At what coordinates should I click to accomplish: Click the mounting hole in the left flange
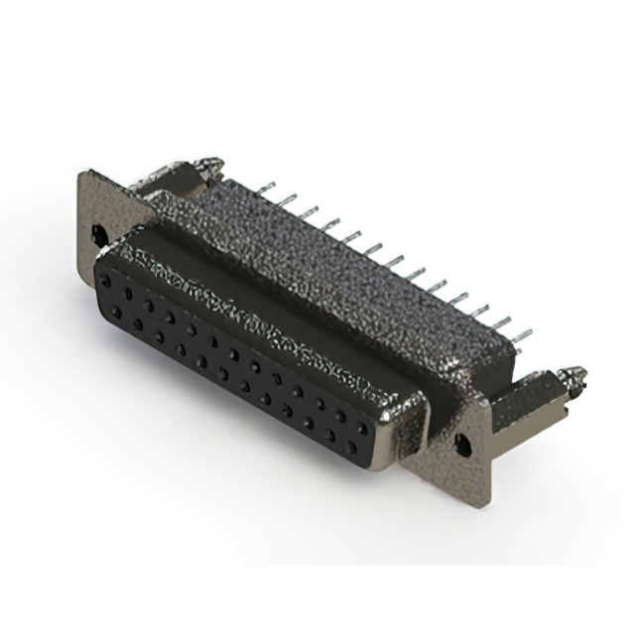coord(98,234)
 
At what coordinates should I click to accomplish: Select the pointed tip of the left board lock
coord(219,162)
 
